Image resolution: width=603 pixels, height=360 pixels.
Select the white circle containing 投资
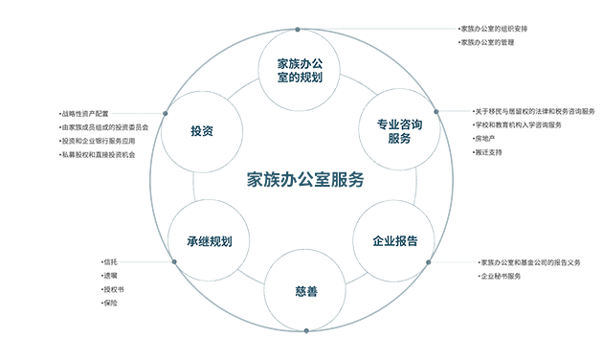(x=202, y=130)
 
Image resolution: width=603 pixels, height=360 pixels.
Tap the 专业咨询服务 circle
(x=399, y=130)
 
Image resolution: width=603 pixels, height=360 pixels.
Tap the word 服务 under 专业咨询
(x=399, y=139)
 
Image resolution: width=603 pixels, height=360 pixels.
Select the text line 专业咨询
(x=399, y=123)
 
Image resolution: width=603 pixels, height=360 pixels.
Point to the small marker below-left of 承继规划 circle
(x=173, y=265)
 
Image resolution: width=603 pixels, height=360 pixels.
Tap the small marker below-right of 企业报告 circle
(x=427, y=265)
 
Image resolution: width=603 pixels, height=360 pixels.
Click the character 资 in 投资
(x=208, y=130)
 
